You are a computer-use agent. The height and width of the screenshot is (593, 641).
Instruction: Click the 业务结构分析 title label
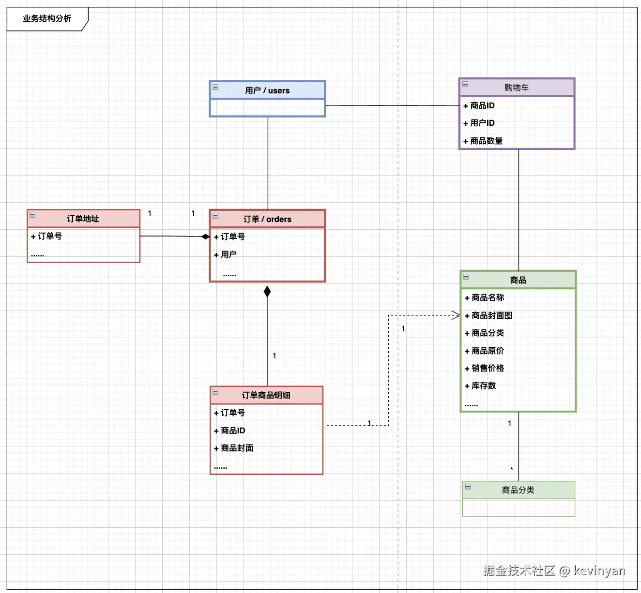click(47, 18)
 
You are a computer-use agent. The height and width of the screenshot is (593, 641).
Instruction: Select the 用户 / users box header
click(267, 90)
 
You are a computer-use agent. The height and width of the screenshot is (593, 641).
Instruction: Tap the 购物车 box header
click(517, 88)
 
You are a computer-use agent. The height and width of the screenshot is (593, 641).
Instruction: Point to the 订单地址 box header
click(83, 218)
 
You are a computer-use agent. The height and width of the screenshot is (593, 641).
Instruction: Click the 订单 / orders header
click(267, 219)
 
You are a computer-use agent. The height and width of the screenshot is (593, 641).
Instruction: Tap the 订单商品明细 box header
click(266, 395)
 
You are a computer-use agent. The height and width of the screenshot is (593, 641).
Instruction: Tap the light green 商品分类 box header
click(519, 490)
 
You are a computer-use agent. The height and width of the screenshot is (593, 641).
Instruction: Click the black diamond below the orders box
click(267, 292)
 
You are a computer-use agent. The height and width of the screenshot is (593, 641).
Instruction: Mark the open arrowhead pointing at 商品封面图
click(456, 315)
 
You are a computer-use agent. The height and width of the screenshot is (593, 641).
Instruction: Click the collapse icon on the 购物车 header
click(465, 84)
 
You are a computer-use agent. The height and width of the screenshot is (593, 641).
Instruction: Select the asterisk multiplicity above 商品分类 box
click(511, 469)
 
